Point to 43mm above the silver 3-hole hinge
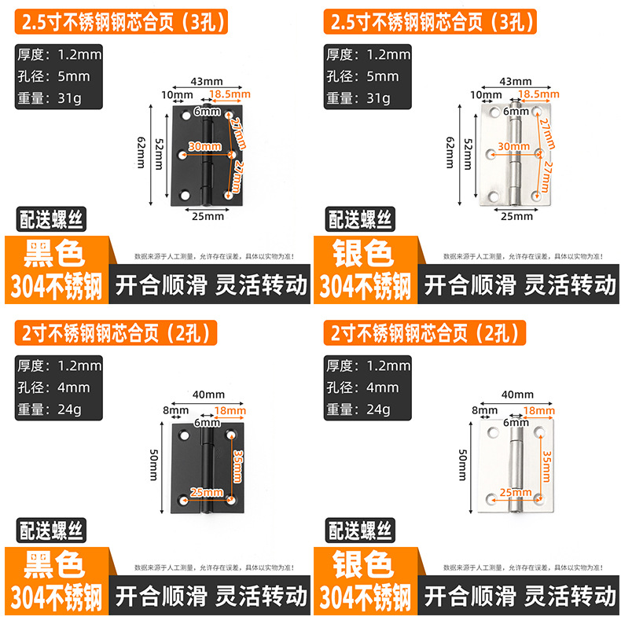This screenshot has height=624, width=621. click(x=516, y=82)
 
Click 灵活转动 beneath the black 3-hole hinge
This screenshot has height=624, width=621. click(x=259, y=284)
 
